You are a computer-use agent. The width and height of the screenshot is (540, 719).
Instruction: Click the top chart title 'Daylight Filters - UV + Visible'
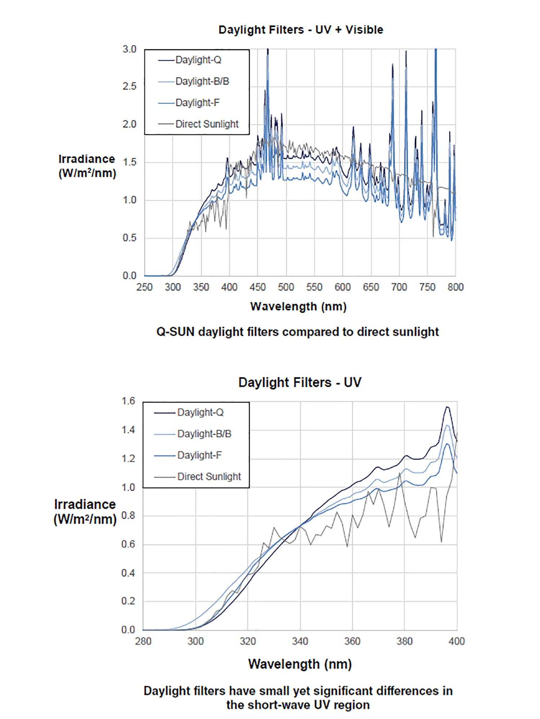tap(301, 29)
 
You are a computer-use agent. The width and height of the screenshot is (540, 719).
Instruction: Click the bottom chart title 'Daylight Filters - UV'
tap(300, 382)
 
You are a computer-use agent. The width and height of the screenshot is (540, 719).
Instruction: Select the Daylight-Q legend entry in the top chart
tap(198, 60)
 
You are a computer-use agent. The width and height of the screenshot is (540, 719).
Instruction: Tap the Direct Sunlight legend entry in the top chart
tap(207, 124)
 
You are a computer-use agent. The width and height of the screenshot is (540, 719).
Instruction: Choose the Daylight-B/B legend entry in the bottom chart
tap(204, 434)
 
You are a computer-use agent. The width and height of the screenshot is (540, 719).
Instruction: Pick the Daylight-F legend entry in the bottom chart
tap(199, 455)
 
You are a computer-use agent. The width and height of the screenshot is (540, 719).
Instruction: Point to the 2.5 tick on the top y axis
tap(130, 87)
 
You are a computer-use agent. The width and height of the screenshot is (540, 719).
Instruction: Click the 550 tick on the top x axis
tap(314, 287)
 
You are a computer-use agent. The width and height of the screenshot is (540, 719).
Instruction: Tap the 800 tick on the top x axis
tap(455, 287)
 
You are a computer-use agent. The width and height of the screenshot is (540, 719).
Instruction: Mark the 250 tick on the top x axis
tap(144, 287)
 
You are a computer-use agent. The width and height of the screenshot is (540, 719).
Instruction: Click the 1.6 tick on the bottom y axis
tap(128, 401)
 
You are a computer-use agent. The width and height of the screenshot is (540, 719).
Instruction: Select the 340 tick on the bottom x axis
tap(300, 641)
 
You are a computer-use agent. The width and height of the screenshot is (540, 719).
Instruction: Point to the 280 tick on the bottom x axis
tap(143, 641)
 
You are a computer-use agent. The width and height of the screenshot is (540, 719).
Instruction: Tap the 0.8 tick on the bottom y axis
tap(128, 516)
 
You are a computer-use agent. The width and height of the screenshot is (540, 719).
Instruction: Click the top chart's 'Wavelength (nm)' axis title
tap(298, 306)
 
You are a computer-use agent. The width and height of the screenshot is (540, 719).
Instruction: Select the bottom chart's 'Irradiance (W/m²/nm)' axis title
tap(85, 512)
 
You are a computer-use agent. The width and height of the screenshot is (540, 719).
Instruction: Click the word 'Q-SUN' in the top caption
tap(175, 331)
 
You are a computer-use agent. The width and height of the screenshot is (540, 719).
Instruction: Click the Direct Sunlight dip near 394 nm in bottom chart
tap(441, 542)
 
